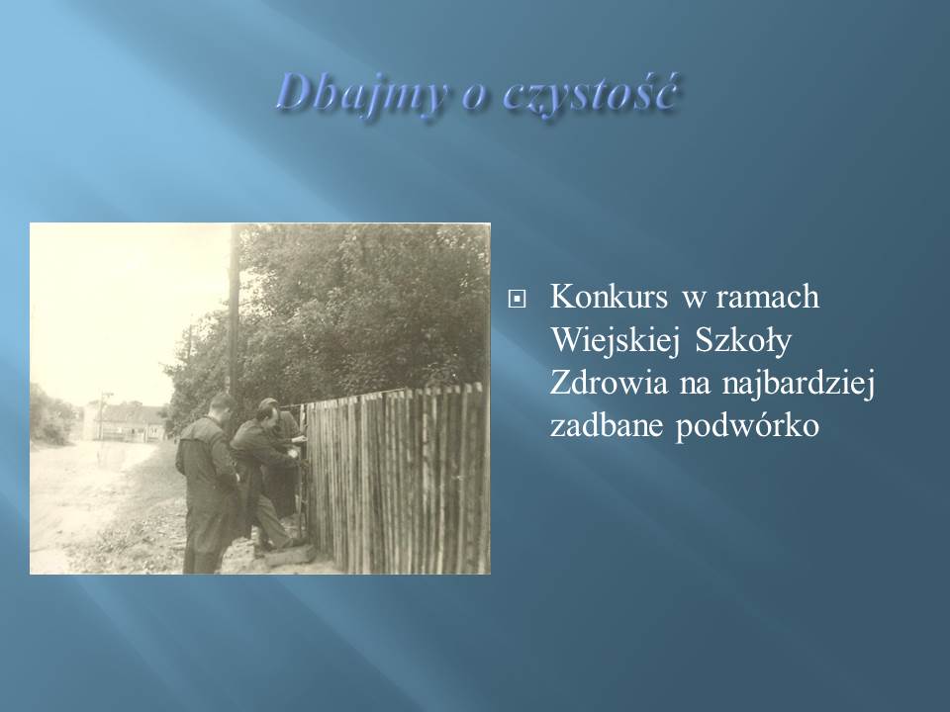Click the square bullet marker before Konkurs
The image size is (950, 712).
[517, 299]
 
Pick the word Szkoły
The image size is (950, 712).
[743, 341]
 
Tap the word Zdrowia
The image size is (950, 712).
[609, 384]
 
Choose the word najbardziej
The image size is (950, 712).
[798, 385]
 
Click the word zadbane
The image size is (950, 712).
[607, 425]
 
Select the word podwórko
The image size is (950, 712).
[748, 427]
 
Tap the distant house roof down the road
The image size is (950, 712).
[131, 414]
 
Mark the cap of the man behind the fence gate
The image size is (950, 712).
[268, 403]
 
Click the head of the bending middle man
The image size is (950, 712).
[266, 415]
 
